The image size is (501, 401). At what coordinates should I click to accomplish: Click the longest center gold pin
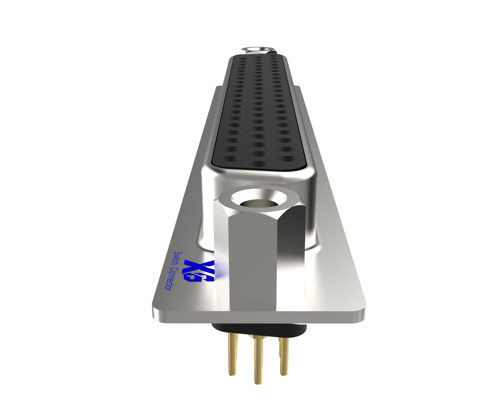coord(257,363)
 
